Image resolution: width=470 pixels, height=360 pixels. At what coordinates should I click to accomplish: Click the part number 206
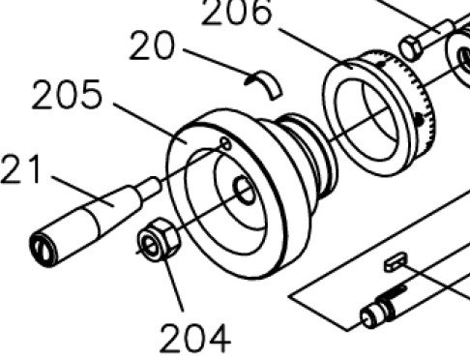[237, 13]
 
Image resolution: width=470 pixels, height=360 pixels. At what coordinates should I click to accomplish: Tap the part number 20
[152, 45]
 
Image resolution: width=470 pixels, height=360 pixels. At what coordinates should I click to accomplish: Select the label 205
[68, 94]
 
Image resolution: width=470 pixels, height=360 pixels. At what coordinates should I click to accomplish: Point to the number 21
[21, 169]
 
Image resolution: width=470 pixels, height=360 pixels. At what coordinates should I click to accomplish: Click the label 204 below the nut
[195, 339]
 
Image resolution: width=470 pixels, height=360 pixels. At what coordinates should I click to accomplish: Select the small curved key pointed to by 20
[264, 84]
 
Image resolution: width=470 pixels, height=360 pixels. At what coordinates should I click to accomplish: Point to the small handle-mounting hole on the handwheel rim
[226, 144]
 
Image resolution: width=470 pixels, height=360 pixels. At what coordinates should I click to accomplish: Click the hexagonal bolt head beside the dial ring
[410, 49]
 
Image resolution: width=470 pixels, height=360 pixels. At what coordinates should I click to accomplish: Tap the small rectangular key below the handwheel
[396, 262]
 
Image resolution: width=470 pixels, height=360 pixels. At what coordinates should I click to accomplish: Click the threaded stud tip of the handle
[151, 188]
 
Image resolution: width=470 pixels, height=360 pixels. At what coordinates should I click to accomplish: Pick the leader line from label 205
[150, 124]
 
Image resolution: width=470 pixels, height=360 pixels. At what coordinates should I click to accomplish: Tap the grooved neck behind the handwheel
[307, 155]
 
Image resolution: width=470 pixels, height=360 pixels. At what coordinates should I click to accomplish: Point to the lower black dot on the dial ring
[419, 120]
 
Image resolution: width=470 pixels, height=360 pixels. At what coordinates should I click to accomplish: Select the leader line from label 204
[173, 284]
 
